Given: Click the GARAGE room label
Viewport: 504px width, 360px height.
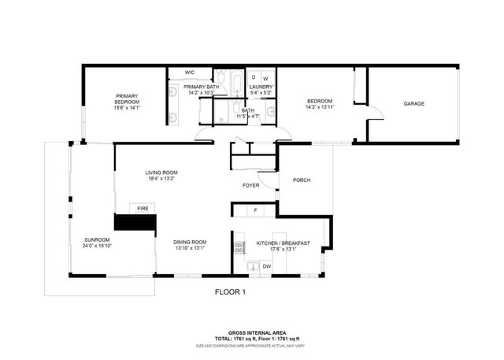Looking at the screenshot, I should tap(414, 104).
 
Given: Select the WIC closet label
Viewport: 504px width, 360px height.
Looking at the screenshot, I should tap(190, 72).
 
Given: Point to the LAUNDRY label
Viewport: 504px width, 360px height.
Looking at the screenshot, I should tap(260, 87).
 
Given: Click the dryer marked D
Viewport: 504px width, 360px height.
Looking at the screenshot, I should tap(254, 77).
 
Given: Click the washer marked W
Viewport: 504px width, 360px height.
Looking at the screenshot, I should tap(265, 77).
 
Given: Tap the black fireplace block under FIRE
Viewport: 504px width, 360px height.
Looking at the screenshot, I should tap(136, 221).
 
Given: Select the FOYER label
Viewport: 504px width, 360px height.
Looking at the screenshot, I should tap(251, 185).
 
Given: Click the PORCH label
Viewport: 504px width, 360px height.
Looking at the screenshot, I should tap(302, 180).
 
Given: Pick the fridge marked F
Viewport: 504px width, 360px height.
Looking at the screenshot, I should tap(255, 210).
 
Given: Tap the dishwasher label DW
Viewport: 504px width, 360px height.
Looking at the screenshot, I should tap(267, 266).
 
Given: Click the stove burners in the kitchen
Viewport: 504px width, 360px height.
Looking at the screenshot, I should tap(237, 248).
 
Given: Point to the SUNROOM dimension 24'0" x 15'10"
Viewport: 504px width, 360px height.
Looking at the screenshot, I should tap(98, 247).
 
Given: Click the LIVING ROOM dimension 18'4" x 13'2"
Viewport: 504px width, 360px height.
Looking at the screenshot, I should tap(161, 179).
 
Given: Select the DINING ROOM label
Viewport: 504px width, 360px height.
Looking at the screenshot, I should tap(190, 242).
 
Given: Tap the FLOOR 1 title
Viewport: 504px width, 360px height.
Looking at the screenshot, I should tap(231, 291).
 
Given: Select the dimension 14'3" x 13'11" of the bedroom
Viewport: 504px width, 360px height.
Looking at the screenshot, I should tap(320, 107).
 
